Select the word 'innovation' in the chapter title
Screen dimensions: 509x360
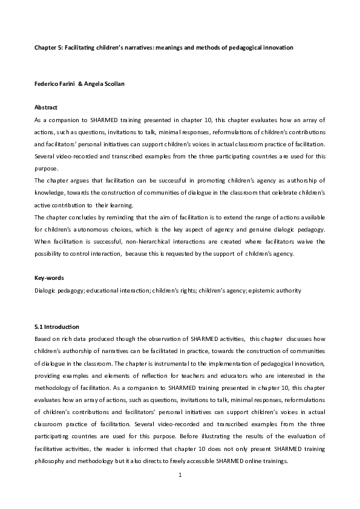277,47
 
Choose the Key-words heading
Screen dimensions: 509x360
48,277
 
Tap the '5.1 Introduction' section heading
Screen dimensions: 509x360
57,326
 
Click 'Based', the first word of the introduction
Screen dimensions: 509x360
43,339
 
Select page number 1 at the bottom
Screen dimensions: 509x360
180,475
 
